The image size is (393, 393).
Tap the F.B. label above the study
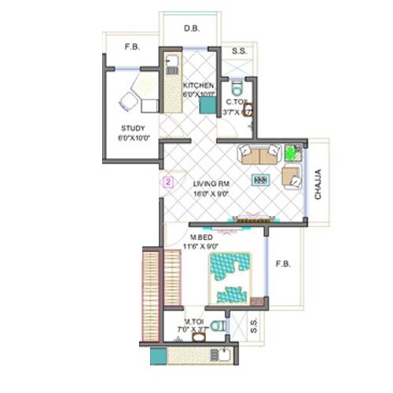click(132, 47)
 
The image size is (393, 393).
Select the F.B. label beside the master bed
click(283, 264)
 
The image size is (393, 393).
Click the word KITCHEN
click(199, 85)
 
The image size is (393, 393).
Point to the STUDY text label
click(132, 128)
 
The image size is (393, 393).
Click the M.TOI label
click(196, 321)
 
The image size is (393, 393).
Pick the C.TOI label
click(237, 102)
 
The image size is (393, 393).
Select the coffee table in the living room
click(260, 180)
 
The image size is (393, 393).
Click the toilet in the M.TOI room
click(219, 325)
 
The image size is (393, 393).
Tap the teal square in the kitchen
click(208, 105)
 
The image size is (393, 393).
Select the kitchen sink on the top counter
click(172, 63)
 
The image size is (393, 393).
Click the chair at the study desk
click(129, 101)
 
